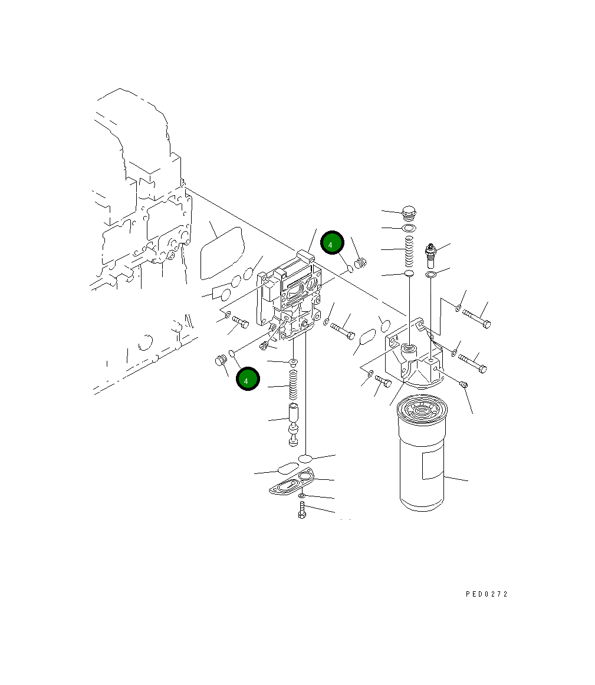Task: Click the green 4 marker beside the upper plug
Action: click(x=331, y=243)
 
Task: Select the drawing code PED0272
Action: click(x=486, y=594)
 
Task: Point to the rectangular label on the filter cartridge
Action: click(x=433, y=465)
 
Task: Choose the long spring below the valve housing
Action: click(x=293, y=386)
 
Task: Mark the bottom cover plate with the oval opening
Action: click(x=293, y=482)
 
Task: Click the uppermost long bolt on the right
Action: click(x=476, y=317)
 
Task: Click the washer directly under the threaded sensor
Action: click(x=431, y=275)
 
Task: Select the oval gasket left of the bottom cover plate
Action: click(x=287, y=468)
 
